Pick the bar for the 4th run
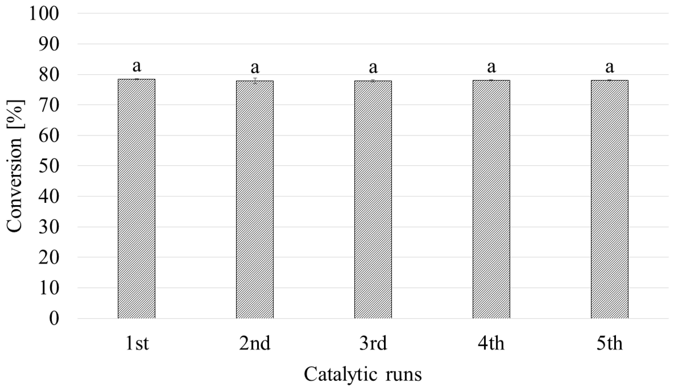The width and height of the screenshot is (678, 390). [491, 199]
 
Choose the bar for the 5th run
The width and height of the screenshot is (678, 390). [609, 199]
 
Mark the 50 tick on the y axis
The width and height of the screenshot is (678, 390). [49, 166]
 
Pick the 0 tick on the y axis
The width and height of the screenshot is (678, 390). [54, 319]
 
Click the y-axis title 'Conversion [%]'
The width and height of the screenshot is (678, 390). [14, 166]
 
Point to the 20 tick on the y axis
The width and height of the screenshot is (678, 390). [49, 258]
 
